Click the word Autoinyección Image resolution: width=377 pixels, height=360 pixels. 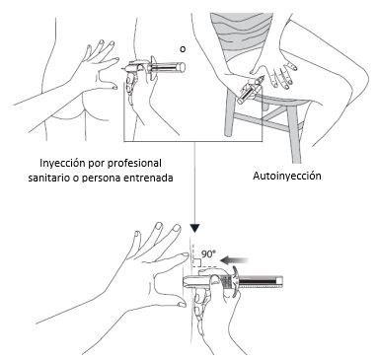[x=287, y=176]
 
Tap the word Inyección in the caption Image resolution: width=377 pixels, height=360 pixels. [x=60, y=163]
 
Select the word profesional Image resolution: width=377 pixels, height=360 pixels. [x=135, y=163]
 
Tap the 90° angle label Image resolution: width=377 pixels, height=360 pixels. [x=208, y=253]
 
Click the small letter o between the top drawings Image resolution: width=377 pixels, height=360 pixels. [x=183, y=49]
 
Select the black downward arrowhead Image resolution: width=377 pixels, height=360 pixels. [x=194, y=228]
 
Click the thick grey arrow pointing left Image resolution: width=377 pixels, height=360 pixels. [x=234, y=260]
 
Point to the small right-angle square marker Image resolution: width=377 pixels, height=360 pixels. [x=197, y=262]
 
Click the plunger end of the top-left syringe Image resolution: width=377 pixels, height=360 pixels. [x=182, y=67]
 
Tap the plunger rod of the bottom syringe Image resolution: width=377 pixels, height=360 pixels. [x=261, y=282]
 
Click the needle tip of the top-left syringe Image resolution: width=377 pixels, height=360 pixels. [x=122, y=69]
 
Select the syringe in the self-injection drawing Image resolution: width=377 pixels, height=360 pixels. [x=251, y=90]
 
